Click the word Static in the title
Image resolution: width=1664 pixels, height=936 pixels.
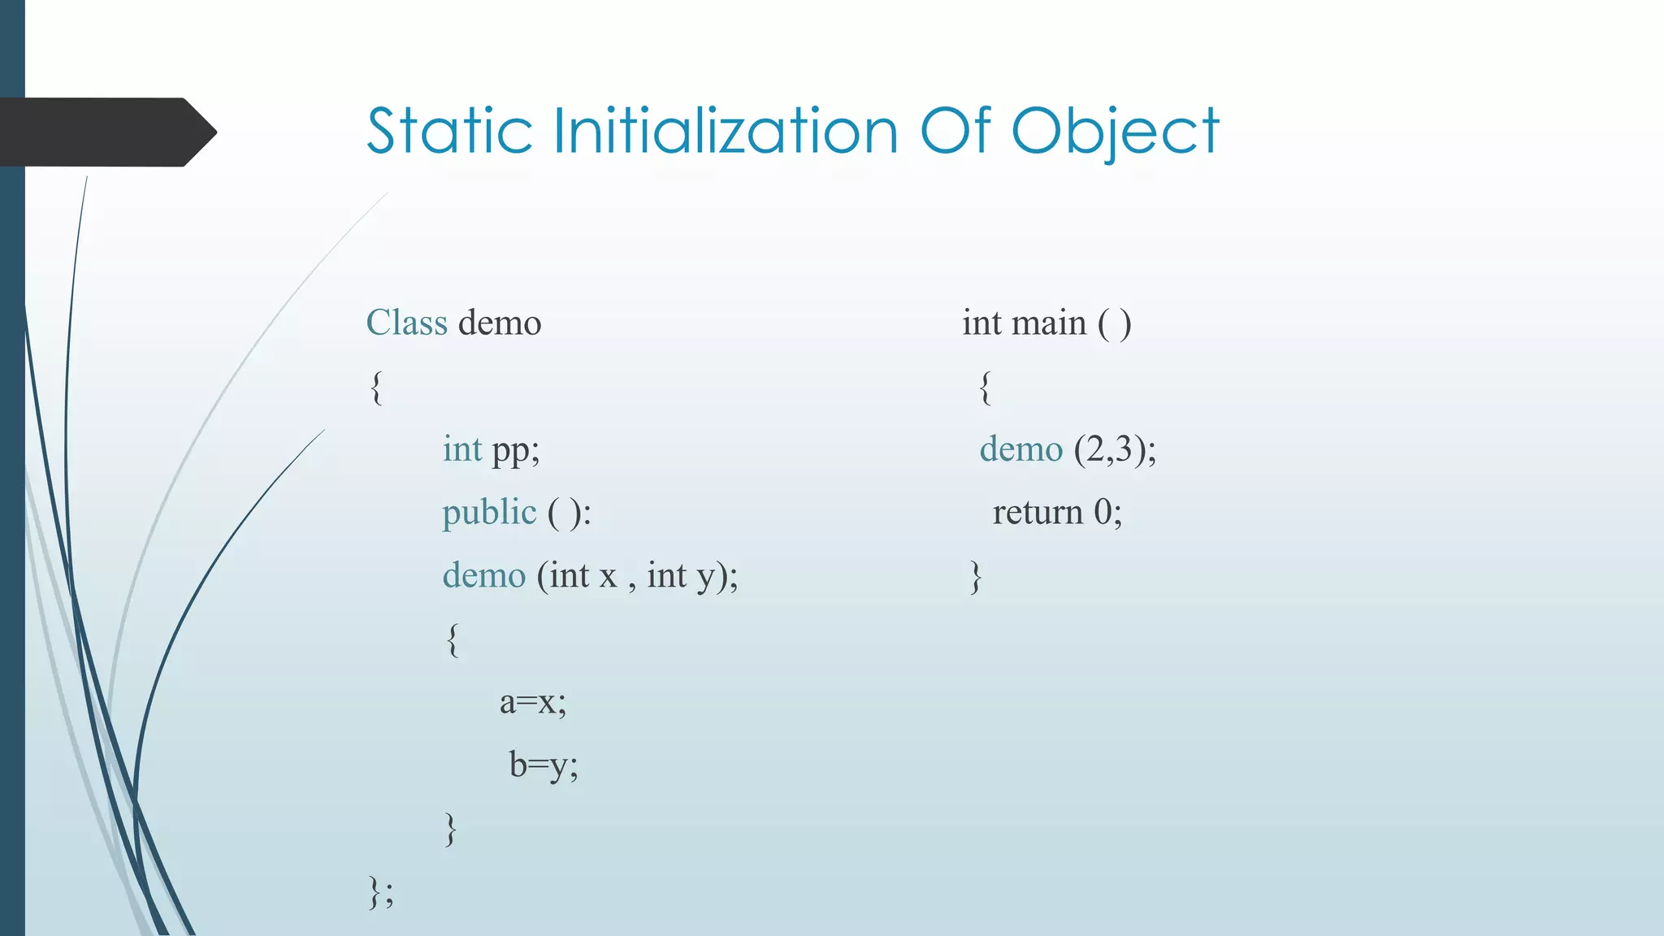tap(448, 131)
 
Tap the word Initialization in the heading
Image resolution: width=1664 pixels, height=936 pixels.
tap(726, 131)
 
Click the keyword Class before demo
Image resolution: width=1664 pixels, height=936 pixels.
tap(406, 323)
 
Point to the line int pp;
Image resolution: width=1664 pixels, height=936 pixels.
tap(491, 449)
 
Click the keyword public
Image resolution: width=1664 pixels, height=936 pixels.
tap(489, 513)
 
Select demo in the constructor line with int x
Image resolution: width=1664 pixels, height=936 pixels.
tap(484, 575)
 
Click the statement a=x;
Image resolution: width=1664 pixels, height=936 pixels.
tap(533, 701)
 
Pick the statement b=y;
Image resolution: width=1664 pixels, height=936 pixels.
tap(544, 765)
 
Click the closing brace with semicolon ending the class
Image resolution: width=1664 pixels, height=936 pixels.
tap(380, 891)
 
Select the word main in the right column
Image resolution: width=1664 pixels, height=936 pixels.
tap(1049, 323)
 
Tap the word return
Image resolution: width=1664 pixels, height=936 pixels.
tap(1038, 512)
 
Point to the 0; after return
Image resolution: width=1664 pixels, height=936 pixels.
tap(1107, 512)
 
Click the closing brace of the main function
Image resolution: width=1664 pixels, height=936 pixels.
tap(976, 577)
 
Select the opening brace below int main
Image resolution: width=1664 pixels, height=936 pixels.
tap(985, 387)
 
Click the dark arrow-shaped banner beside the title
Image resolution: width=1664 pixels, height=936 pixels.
tap(106, 132)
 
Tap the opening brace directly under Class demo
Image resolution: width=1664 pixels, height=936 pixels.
tap(375, 387)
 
